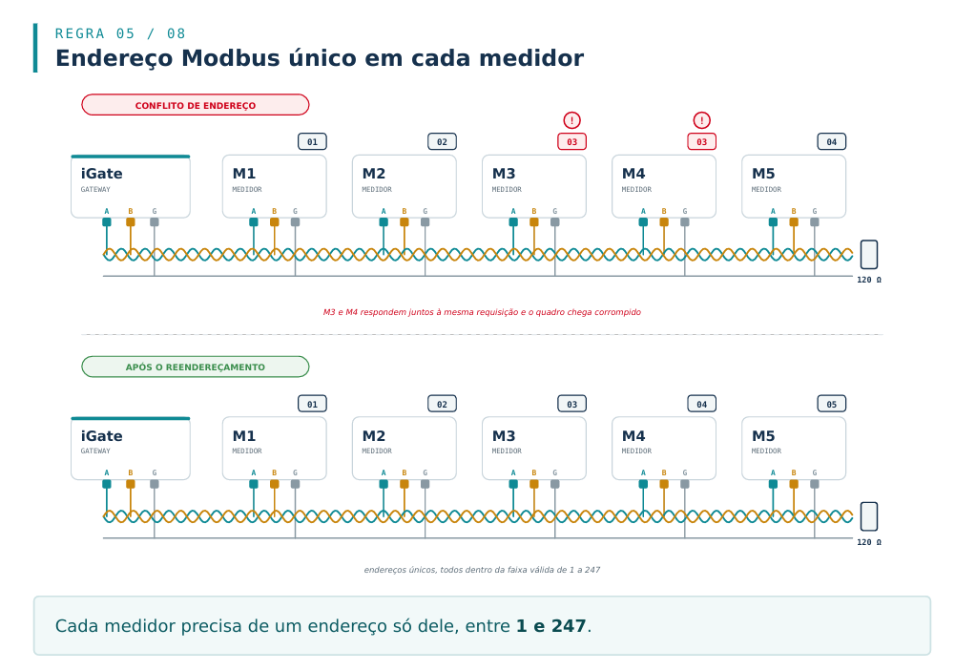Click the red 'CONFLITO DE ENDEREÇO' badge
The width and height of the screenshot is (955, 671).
pyautogui.click(x=196, y=105)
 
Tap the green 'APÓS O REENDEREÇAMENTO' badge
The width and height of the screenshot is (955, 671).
pyautogui.click(x=196, y=367)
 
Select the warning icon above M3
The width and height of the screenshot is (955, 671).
pyautogui.click(x=571, y=120)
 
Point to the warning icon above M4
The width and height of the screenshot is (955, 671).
pyautogui.click(x=701, y=120)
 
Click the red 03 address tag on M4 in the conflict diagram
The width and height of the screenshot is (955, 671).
pyautogui.click(x=701, y=141)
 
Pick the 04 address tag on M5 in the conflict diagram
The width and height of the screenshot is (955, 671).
pyautogui.click(x=831, y=141)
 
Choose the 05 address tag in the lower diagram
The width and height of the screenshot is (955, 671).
pyautogui.click(x=831, y=404)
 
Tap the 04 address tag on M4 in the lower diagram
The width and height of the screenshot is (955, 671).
pyautogui.click(x=701, y=404)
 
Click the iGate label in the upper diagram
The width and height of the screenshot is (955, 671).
pyautogui.click(x=102, y=174)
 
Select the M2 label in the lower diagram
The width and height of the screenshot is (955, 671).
pyautogui.click(x=374, y=436)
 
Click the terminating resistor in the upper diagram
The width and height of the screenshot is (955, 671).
pyautogui.click(x=869, y=255)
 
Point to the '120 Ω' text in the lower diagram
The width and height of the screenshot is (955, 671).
pyautogui.click(x=869, y=542)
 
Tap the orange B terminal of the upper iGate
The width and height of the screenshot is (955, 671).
pyautogui.click(x=131, y=221)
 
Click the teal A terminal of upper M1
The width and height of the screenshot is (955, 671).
pyautogui.click(x=254, y=221)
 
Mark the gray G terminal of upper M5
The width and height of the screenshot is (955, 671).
pyautogui.click(x=815, y=221)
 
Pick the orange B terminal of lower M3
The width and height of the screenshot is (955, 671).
pyautogui.click(x=534, y=484)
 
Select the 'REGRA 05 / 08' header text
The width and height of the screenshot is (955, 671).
pyautogui.click(x=120, y=33)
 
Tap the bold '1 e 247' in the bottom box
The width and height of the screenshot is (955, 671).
pyautogui.click(x=550, y=626)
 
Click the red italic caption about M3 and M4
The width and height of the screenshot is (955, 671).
pyautogui.click(x=482, y=312)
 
